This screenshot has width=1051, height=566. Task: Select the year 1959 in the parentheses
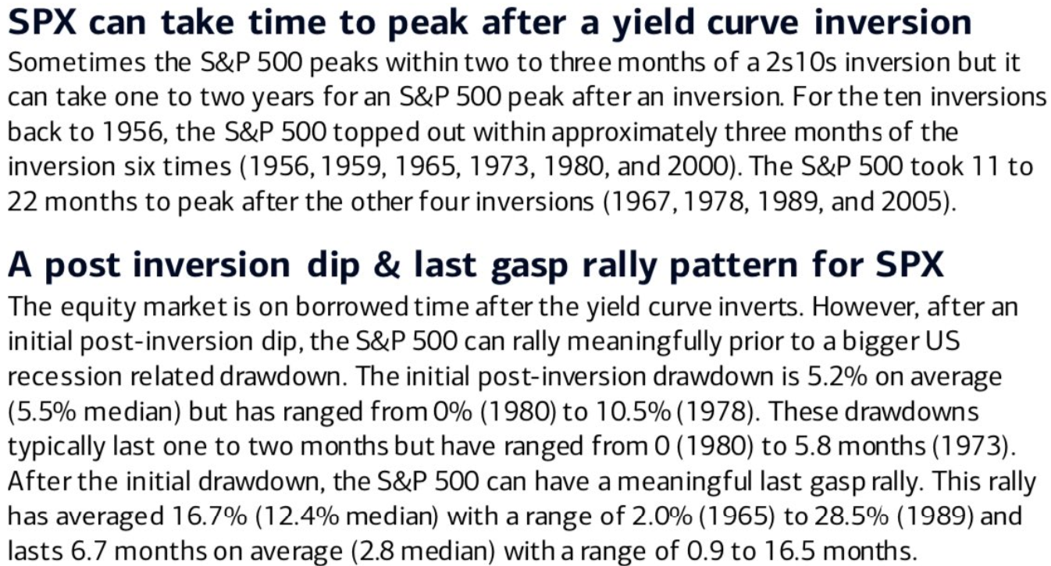pos(354,167)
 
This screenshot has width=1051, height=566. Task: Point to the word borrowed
pos(352,307)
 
